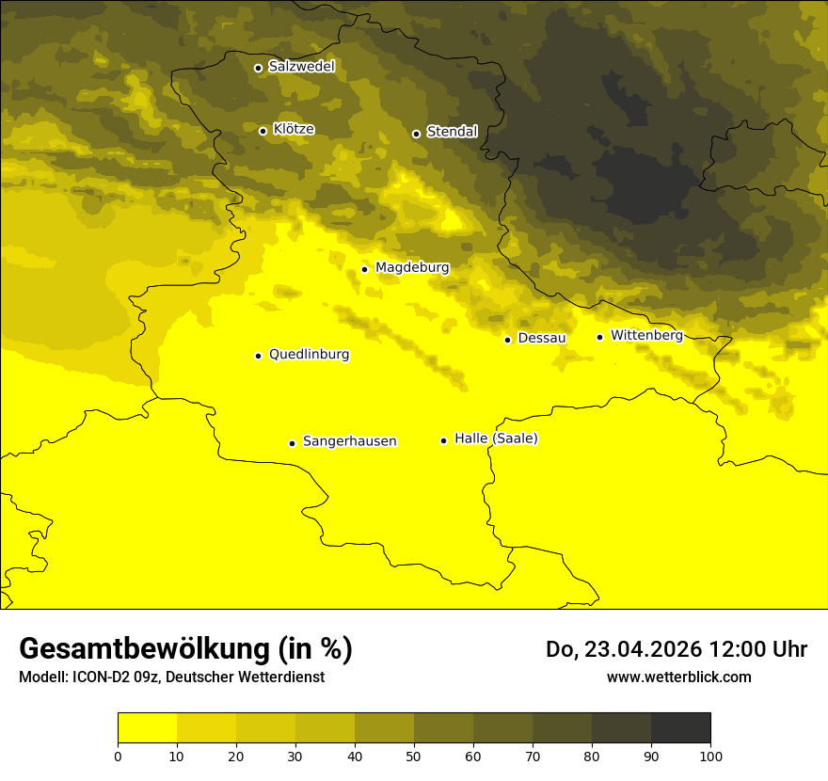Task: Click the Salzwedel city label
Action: point(301,67)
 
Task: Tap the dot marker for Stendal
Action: point(416,134)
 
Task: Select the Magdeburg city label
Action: point(412,268)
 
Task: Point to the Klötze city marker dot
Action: point(263,131)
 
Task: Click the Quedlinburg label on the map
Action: point(309,355)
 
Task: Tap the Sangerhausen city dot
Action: point(292,443)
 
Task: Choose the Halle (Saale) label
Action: point(496,438)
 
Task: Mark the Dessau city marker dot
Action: point(507,340)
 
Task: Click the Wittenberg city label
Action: point(646,335)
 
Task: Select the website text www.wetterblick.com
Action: point(678,677)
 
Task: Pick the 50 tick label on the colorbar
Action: point(414,756)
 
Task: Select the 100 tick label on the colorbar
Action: point(710,756)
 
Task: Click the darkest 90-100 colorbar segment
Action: point(680,728)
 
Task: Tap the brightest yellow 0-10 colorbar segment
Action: point(147,728)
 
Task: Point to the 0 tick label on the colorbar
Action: point(118,756)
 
